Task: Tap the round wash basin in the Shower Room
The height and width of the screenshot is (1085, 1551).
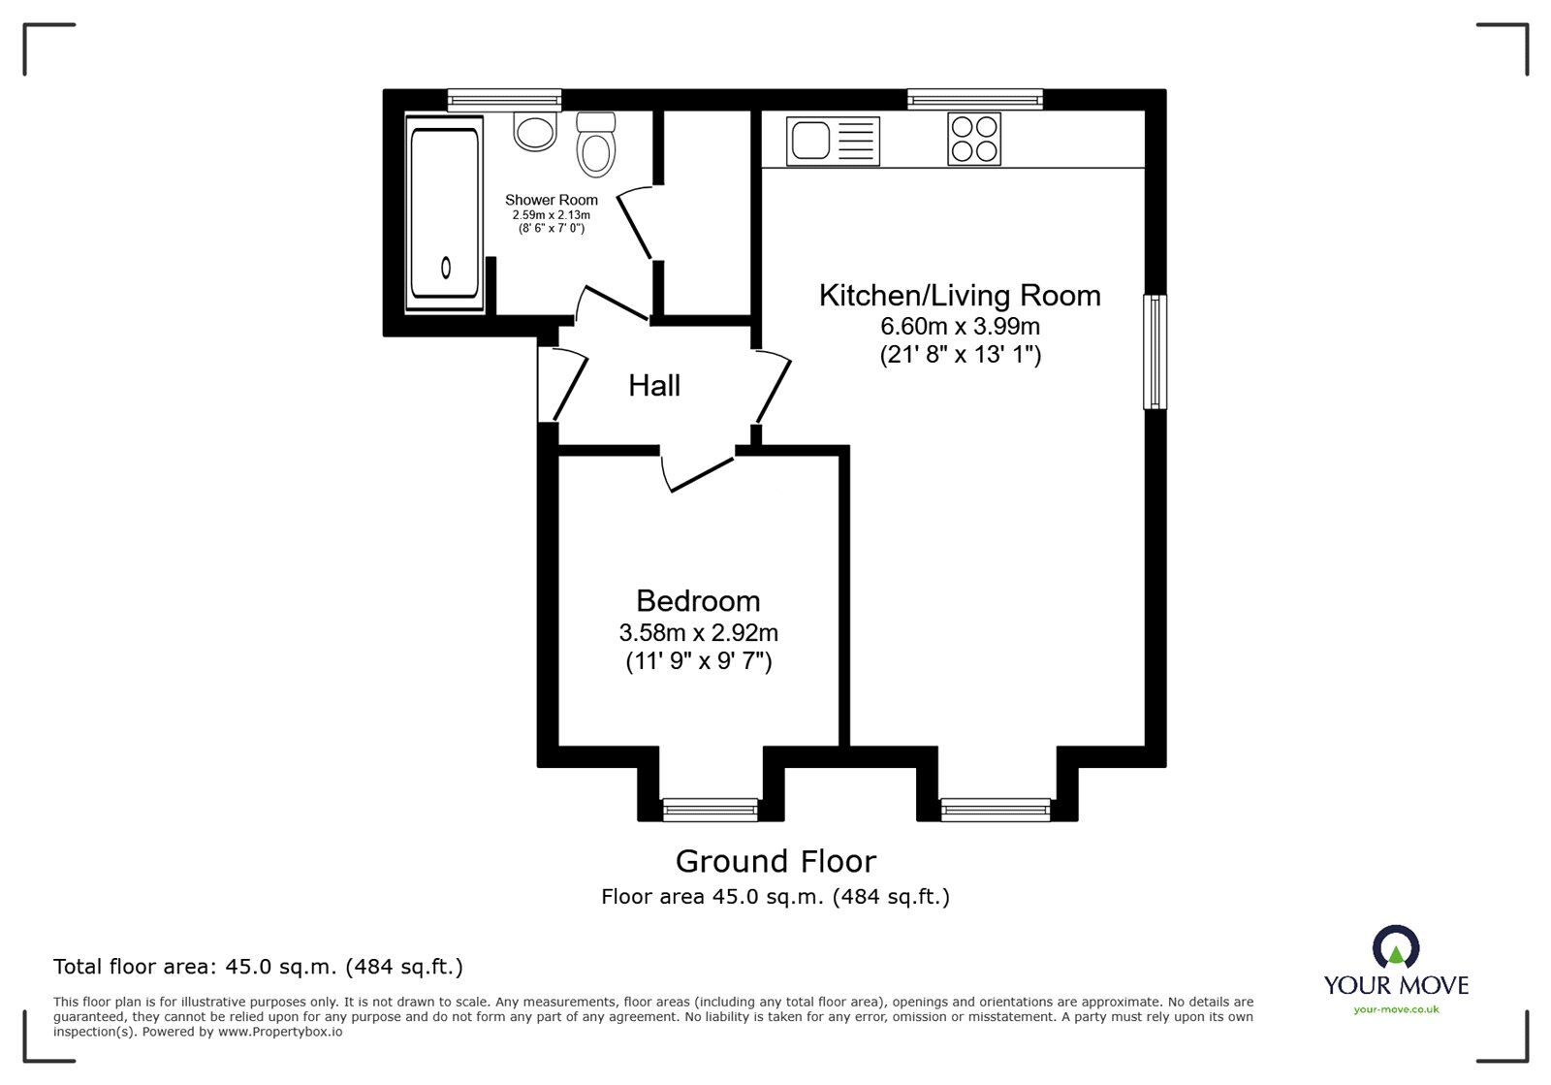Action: pyautogui.click(x=534, y=131)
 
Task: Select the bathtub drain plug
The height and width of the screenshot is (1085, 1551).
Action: pyautogui.click(x=446, y=267)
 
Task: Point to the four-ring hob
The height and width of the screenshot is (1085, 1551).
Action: pyautogui.click(x=973, y=139)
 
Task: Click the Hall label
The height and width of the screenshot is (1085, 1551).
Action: pyautogui.click(x=654, y=386)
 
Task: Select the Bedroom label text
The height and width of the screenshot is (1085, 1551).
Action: pyautogui.click(x=698, y=600)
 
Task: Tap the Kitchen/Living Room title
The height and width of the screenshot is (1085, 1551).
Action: pyautogui.click(x=960, y=295)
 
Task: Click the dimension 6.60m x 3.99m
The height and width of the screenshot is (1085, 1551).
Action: pyautogui.click(x=960, y=326)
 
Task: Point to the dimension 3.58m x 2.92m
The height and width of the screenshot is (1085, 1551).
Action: pyautogui.click(x=698, y=633)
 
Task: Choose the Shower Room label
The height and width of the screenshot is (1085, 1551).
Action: pyautogui.click(x=552, y=200)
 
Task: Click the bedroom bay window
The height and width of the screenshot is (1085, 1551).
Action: pyautogui.click(x=710, y=808)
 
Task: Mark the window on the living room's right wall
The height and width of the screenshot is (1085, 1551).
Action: pyautogui.click(x=1155, y=351)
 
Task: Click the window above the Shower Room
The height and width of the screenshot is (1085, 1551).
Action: pyautogui.click(x=504, y=98)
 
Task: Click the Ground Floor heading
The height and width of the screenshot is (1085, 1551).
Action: pyautogui.click(x=775, y=861)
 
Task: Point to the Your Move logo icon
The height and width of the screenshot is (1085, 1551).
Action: pyautogui.click(x=1396, y=946)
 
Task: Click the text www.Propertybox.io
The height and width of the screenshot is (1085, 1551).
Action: pyautogui.click(x=279, y=1032)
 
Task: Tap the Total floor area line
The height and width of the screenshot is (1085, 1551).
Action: pyautogui.click(x=258, y=967)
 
